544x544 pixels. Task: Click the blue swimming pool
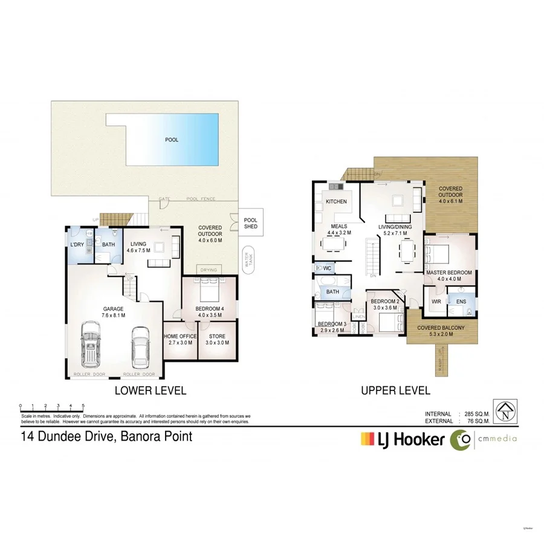172,140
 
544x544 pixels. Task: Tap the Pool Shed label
250,223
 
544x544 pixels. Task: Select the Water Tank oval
247,261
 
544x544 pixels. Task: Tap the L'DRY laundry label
77,244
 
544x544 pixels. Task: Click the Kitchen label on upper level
336,201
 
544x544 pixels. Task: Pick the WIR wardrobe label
436,301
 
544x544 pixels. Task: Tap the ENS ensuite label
461,301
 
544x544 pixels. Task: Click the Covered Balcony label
441,328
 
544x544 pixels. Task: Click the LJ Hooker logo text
412,439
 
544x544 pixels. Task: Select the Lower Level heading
151,390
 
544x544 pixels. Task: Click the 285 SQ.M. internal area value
473,413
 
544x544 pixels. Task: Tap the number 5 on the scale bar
83,406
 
